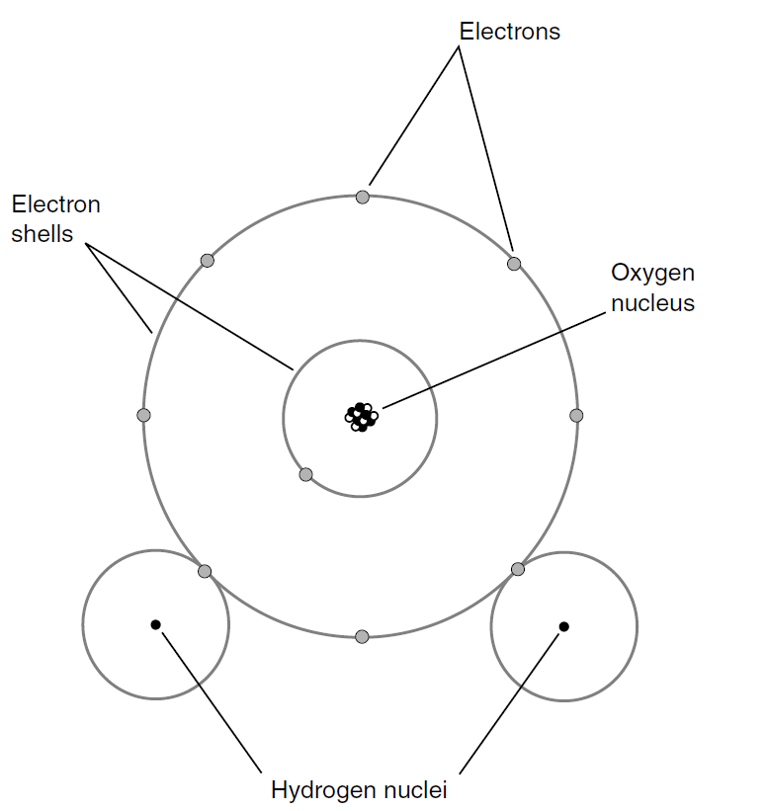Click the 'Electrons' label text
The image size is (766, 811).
click(509, 32)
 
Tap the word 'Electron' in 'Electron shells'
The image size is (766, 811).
click(56, 205)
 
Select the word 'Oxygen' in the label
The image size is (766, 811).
click(652, 273)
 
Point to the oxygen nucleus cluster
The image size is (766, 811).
click(361, 416)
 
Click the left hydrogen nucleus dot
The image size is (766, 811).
click(155, 624)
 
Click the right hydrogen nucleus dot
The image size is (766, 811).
click(563, 625)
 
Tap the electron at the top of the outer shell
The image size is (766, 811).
click(363, 197)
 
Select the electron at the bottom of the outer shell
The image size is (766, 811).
click(362, 636)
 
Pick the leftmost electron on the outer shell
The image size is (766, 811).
click(143, 415)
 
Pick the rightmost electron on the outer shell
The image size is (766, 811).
click(577, 415)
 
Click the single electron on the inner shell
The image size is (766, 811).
click(305, 474)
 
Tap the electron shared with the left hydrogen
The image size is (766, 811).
click(205, 571)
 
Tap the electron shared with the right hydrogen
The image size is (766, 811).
click(517, 568)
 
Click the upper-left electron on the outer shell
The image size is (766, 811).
click(207, 261)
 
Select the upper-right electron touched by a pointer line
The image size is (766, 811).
click(514, 264)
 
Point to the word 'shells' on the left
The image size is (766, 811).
click(43, 235)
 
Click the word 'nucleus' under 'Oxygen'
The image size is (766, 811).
click(652, 302)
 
